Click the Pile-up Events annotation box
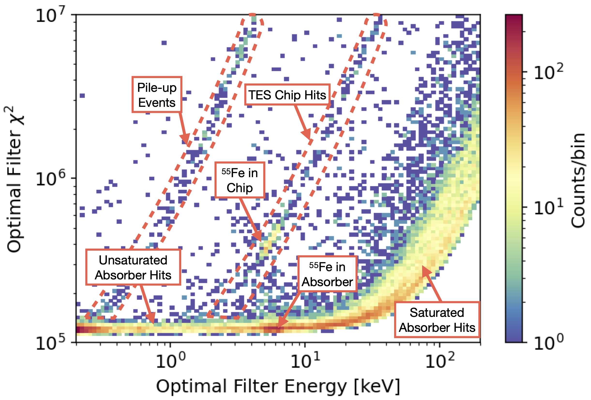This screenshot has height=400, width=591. pos(157,95)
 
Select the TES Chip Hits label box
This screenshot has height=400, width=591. pos(287,95)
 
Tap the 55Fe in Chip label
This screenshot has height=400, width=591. pos(239,180)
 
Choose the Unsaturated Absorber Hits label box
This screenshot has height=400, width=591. pos(133,267)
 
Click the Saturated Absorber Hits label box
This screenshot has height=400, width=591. pos(437,320)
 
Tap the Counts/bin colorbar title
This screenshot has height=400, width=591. pos(578,181)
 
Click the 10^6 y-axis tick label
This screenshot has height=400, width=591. pos(50,179)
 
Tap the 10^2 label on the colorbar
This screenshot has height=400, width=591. pos(548,72)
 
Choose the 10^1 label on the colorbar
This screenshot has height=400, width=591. pos(548,207)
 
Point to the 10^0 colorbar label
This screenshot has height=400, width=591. pos(548,342)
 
